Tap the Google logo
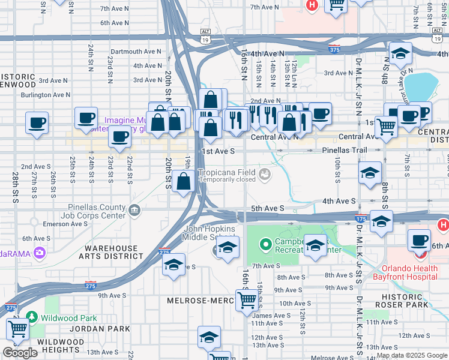coord(20,353)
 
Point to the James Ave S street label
coord(271,315)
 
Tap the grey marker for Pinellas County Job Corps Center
coord(134,209)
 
